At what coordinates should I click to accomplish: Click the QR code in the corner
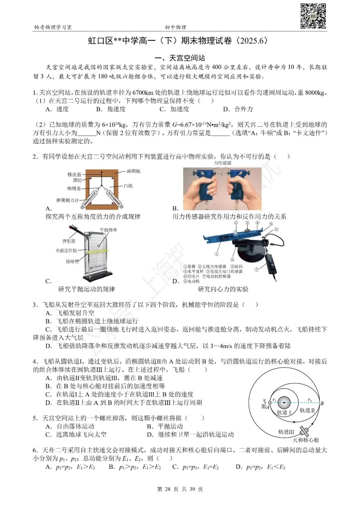point(313,16)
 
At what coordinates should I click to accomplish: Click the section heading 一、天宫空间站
point(180,58)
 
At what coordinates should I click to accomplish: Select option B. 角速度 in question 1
point(111,109)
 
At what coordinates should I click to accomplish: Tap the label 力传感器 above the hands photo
point(223,163)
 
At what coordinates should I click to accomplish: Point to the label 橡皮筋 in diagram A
point(74,174)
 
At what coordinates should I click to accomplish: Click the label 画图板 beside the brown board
point(133,171)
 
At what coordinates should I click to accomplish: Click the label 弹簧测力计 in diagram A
point(67,200)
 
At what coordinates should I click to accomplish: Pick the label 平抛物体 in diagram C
point(108,230)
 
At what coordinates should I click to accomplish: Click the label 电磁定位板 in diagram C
point(66,250)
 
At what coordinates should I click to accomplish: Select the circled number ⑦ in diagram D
point(257,270)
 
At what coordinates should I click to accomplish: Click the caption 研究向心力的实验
point(223,289)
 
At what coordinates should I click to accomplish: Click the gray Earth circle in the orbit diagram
point(284,402)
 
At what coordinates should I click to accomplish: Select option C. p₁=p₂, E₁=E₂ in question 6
point(195,467)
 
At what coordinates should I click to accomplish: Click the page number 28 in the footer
point(167,489)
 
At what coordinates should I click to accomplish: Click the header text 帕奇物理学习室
point(53,27)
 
